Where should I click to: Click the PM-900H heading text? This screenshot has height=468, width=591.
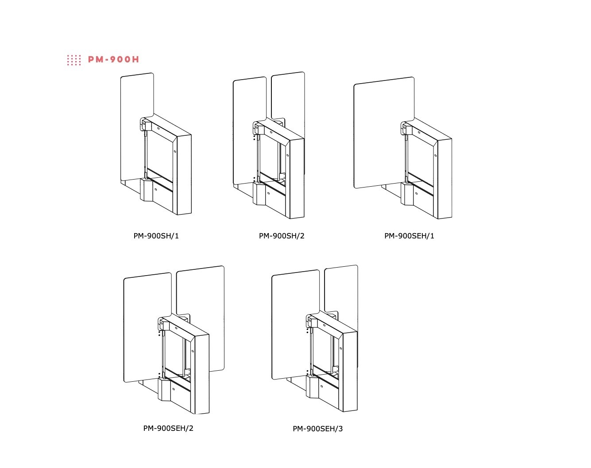[113, 60]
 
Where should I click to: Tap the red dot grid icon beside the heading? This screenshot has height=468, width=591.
[74, 60]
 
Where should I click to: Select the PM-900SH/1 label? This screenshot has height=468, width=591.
[156, 236]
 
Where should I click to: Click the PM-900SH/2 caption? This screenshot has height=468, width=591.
[282, 236]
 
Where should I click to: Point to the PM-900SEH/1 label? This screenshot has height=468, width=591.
[409, 236]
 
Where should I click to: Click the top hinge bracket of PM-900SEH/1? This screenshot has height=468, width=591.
[406, 129]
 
